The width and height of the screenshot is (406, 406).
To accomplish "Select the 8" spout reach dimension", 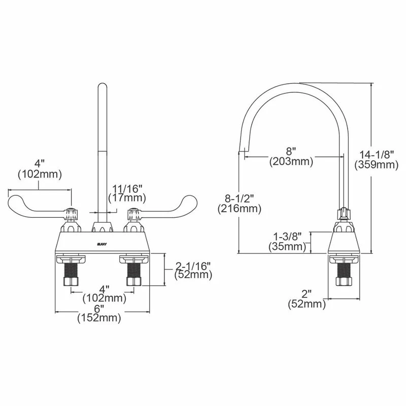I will (x=291, y=151).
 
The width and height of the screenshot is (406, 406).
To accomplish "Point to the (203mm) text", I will (x=291, y=161).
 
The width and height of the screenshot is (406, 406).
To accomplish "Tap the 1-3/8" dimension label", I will (x=287, y=236).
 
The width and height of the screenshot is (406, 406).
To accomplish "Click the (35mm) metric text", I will (x=287, y=247).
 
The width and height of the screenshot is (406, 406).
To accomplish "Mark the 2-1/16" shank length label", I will (x=193, y=265).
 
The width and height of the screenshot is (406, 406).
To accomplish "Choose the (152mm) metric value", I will (x=98, y=319).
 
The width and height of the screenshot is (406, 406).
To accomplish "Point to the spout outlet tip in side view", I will (x=244, y=150).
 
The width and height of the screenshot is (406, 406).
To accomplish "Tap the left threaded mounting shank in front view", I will (x=70, y=274).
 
